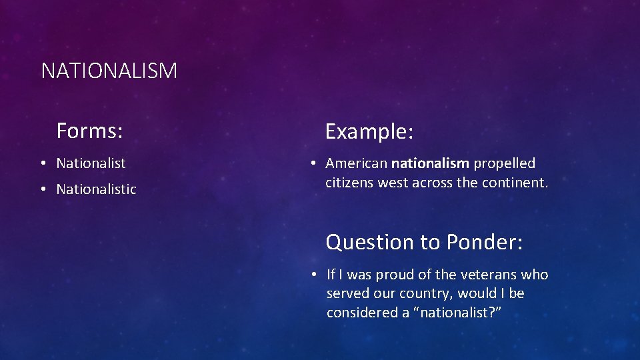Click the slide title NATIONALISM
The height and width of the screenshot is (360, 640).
[109, 71]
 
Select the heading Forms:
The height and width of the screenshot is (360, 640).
[89, 131]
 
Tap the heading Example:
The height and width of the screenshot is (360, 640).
[369, 132]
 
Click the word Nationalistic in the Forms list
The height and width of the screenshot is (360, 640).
[96, 189]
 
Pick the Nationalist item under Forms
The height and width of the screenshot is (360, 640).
[91, 163]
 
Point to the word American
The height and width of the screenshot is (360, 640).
[357, 163]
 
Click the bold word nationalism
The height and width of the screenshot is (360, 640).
[431, 163]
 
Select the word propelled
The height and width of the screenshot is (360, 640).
[505, 163]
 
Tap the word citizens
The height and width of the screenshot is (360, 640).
[349, 183]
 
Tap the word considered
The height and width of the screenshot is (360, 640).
[359, 313]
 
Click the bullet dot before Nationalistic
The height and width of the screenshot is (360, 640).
[42, 189]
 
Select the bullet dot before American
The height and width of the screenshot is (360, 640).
[311, 163]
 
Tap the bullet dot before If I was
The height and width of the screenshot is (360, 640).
[312, 275]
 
